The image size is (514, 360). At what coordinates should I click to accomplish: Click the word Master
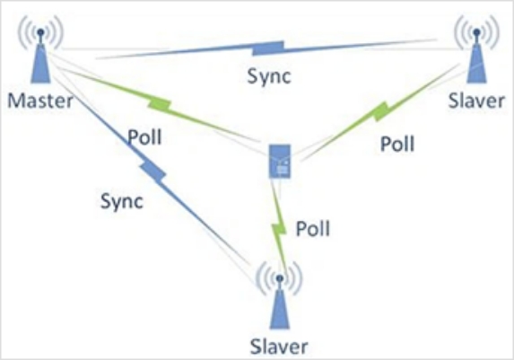40,101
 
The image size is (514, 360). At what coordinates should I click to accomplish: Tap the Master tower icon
40,49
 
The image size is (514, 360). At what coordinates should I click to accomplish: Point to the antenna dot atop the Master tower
40,32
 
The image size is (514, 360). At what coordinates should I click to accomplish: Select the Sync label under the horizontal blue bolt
269,77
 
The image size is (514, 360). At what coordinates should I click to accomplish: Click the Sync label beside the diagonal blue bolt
122,201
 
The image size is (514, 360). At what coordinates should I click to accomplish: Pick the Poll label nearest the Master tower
144,137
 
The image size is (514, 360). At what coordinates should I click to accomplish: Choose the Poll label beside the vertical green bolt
313,229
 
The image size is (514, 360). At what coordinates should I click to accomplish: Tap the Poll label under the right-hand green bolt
397,144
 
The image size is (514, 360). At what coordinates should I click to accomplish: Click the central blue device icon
280,161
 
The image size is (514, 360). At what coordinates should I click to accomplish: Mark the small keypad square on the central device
283,170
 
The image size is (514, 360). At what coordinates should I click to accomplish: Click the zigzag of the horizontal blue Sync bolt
268,48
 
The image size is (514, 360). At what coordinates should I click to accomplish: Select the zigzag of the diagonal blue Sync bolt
153,171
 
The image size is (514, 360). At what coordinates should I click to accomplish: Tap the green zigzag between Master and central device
160,104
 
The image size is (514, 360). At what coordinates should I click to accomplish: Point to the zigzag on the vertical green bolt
279,230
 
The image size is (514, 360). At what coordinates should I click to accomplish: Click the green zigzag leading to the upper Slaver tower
381,111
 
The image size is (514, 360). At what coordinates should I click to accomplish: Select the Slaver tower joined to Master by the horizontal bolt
476,49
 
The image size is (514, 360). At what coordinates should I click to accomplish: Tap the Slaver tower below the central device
279,295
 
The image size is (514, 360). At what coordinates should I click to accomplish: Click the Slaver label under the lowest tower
279,347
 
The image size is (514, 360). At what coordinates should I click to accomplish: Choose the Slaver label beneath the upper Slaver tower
476,101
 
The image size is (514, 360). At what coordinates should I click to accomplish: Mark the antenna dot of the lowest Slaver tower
279,278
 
